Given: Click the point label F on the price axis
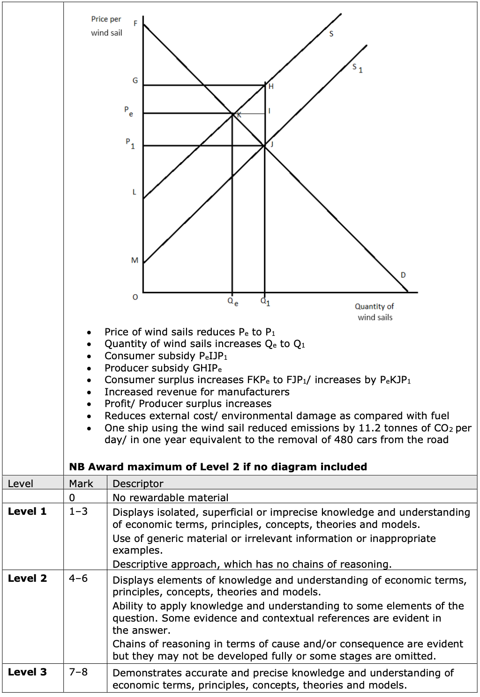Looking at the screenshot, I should (135, 23).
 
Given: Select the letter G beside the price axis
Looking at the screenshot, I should (135, 81).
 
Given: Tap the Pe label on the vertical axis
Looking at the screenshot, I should (128, 111).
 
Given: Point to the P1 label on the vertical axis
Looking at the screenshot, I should (130, 143).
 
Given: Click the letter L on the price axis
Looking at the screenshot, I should (134, 192).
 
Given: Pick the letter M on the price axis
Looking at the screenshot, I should (135, 260).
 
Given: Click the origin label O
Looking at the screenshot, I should (135, 297).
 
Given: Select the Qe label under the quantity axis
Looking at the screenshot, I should (232, 302).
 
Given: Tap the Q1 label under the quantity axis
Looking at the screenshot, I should (265, 301).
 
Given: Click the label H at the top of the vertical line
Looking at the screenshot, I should (271, 87).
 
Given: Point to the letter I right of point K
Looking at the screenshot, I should (269, 111).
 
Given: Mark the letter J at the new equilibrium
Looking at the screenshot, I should (271, 144).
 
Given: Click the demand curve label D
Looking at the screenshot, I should (403, 274).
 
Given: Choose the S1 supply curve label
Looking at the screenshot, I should (358, 68).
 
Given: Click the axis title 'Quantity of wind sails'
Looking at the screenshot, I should (375, 311).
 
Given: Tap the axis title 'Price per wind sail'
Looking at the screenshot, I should (106, 26).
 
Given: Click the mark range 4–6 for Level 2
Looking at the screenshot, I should (78, 578).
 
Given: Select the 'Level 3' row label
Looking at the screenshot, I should (27, 672).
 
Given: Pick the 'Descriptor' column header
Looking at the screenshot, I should (138, 483).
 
